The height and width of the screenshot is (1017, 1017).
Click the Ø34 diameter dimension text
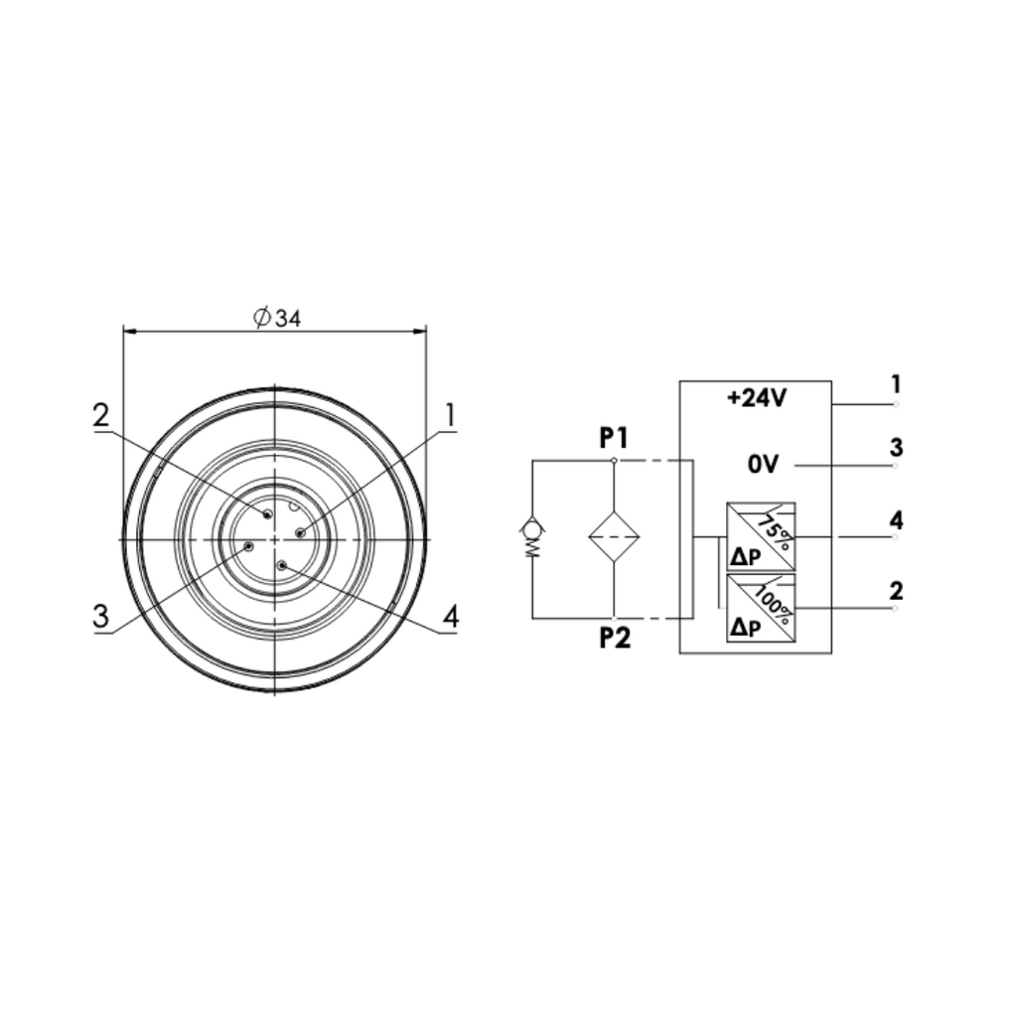(x=277, y=318)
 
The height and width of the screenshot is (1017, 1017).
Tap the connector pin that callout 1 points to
(x=300, y=533)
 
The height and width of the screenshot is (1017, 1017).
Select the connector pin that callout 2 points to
(x=267, y=514)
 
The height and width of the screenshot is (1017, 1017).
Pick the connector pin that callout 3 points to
(x=247, y=546)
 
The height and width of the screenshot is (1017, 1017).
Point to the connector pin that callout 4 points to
(x=281, y=565)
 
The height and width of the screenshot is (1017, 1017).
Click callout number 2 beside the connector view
(x=101, y=416)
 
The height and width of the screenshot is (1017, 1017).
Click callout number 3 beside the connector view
(x=100, y=616)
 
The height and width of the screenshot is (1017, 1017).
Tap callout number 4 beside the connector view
(x=451, y=617)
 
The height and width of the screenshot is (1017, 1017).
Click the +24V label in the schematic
(x=757, y=398)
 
